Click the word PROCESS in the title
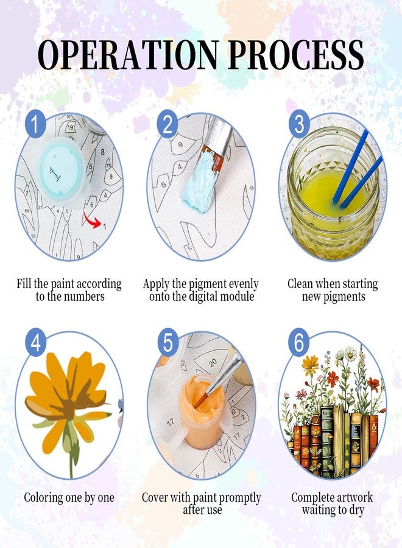pos(297,55)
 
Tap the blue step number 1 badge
pos(36,124)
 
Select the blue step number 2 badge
pos(167,124)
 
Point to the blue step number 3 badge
pos(300,124)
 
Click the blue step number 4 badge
pos(36,342)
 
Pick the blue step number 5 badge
pos(167,342)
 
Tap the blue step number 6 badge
pos(300,342)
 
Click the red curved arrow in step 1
pos(91,219)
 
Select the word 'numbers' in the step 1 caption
pos(84,297)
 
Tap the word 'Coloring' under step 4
pos(43,497)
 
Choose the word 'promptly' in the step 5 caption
pos(241,498)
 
